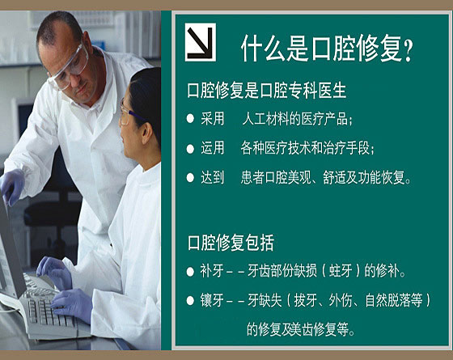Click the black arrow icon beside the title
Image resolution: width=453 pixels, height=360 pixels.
[201, 42]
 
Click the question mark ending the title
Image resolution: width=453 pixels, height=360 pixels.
[408, 49]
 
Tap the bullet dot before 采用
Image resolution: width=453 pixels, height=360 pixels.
[190, 119]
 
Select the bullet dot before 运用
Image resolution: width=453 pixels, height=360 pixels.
[190, 149]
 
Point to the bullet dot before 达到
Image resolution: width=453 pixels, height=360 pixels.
[190, 178]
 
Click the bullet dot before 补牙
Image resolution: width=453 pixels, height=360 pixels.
[190, 272]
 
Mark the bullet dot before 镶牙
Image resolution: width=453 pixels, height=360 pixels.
[190, 301]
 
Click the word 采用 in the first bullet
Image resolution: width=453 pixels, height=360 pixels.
[212, 118]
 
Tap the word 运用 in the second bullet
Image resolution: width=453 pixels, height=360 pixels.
[212, 148]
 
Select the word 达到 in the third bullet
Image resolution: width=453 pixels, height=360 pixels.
[212, 177]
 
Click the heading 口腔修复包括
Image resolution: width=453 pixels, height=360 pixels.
[231, 243]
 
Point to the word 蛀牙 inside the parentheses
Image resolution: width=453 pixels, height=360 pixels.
[341, 271]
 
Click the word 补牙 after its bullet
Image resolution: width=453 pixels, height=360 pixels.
[212, 271]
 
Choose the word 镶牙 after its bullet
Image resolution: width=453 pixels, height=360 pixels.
[212, 300]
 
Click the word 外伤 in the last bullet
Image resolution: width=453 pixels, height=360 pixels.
[341, 300]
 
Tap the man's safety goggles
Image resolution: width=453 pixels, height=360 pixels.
[70, 69]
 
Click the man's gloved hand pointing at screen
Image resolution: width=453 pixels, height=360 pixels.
[12, 187]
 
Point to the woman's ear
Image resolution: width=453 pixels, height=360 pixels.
[146, 133]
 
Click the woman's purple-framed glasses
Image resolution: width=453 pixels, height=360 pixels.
[131, 114]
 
